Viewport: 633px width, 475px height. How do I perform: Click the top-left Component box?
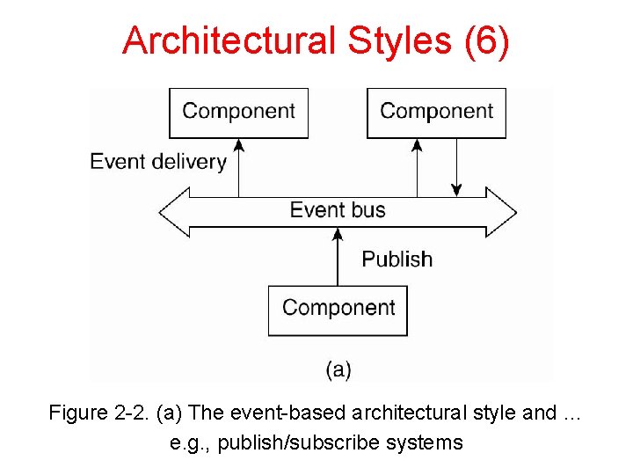238,112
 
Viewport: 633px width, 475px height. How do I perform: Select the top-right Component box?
436,112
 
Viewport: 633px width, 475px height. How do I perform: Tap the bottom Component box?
338,309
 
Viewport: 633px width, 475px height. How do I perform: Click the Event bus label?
338,210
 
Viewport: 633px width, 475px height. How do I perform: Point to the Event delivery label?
158,162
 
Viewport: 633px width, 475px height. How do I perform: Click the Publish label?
397,259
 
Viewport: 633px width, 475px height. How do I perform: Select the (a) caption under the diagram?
338,369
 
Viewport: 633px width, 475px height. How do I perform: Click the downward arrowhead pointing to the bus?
456,189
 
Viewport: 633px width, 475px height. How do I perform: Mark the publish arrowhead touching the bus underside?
338,234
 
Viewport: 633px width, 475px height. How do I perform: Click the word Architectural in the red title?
230,41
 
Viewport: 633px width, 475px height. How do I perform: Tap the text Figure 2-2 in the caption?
89,413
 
